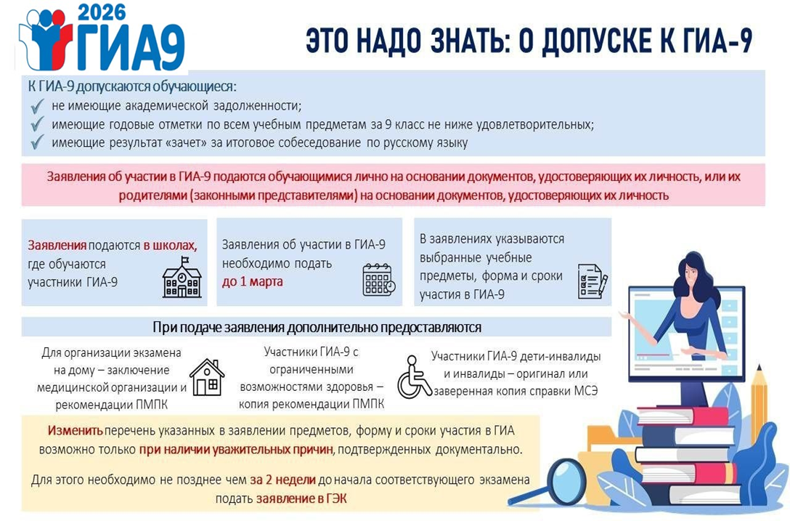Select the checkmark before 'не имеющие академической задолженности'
click(37, 106)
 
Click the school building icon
click(182, 278)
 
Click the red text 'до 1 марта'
click(253, 281)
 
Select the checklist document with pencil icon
click(592, 281)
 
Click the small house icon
click(207, 377)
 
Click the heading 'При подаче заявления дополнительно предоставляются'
click(317, 327)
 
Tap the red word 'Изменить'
click(76, 431)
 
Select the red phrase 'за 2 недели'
click(282, 480)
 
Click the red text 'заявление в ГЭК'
click(301, 498)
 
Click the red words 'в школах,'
click(170, 246)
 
